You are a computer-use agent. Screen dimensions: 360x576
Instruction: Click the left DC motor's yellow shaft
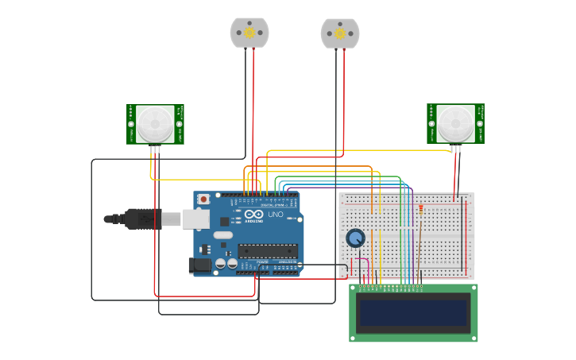click(x=249, y=33)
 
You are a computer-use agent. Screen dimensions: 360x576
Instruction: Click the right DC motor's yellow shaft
click(x=340, y=33)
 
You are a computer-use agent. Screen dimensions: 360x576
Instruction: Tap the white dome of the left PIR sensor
click(x=154, y=123)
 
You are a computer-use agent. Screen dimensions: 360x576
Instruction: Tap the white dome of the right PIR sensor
click(x=454, y=123)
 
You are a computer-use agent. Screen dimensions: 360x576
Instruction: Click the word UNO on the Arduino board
click(x=275, y=215)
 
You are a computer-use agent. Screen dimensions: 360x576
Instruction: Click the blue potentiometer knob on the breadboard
click(x=355, y=238)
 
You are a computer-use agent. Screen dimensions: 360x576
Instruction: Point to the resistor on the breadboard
click(x=419, y=212)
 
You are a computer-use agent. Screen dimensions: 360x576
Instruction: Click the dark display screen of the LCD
click(x=413, y=313)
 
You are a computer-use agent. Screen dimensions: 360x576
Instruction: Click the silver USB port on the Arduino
click(x=195, y=219)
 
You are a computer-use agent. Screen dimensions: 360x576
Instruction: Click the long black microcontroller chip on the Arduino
click(x=268, y=250)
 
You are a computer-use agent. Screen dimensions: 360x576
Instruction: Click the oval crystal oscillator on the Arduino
click(x=223, y=234)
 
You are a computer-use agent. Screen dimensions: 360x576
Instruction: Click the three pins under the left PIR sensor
click(x=155, y=149)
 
